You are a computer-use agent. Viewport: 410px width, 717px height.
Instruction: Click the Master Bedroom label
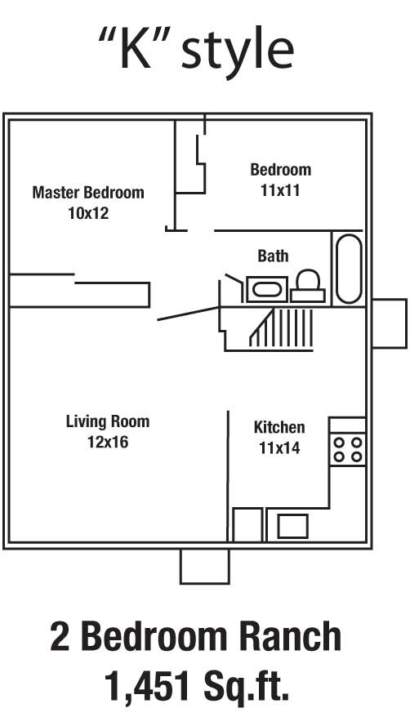click(88, 193)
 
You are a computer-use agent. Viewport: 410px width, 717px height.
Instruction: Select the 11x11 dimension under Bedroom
click(280, 190)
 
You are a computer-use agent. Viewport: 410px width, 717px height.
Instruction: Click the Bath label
click(273, 256)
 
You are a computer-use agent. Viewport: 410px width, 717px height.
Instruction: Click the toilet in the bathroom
click(308, 286)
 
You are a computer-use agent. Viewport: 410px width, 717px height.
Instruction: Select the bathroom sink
click(265, 289)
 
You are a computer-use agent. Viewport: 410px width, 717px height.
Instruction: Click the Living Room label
click(108, 421)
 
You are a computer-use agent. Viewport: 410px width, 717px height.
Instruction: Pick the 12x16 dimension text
click(108, 443)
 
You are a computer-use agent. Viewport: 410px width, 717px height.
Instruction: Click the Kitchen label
click(279, 427)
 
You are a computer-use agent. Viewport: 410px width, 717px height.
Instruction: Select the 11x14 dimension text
click(279, 448)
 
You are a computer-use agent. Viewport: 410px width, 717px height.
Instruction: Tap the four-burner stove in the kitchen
click(347, 449)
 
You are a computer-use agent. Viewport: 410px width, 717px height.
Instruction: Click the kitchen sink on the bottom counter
click(292, 526)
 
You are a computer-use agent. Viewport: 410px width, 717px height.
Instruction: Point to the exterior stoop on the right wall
click(389, 323)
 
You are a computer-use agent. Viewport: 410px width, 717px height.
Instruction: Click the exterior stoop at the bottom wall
click(204, 566)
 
